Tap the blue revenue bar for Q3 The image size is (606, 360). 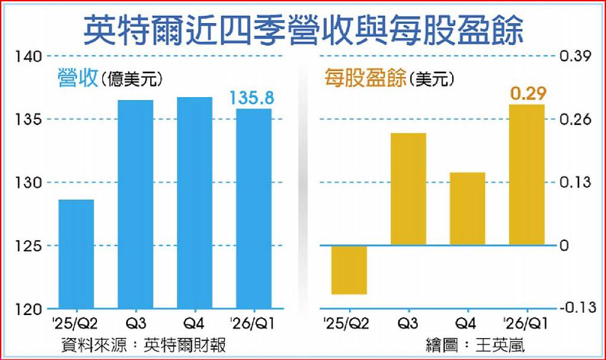click(x=135, y=204)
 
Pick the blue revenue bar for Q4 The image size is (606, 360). click(x=194, y=202)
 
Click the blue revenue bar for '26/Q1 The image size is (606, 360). click(x=253, y=208)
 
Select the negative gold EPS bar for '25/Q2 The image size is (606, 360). click(x=349, y=269)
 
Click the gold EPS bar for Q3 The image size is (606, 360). click(x=408, y=188)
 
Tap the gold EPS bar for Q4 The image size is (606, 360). click(x=468, y=208)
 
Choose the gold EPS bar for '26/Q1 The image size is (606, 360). click(x=527, y=175)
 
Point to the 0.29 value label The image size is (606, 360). click(x=528, y=93)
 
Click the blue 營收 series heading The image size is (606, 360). click(x=77, y=78)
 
